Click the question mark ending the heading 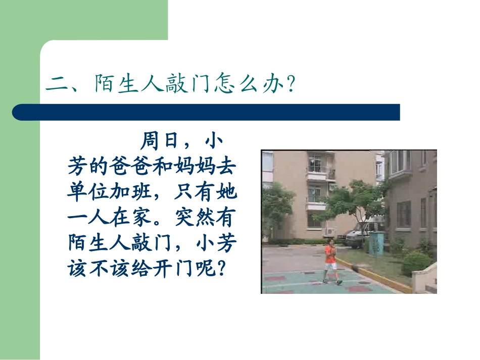tap(290, 84)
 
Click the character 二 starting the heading tap(56, 84)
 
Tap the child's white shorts tap(331, 266)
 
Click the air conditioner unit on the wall tap(330, 231)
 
